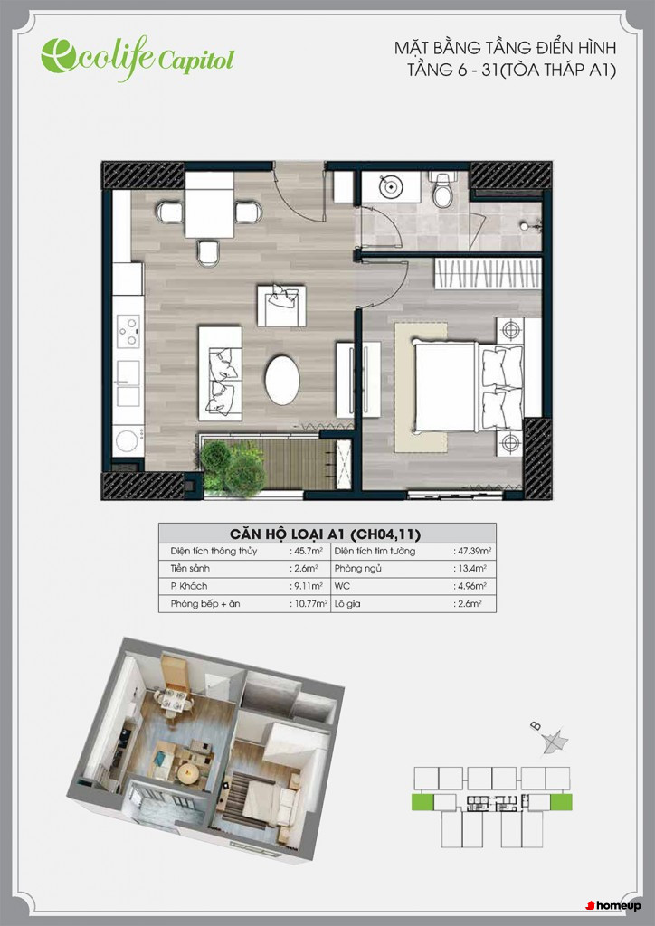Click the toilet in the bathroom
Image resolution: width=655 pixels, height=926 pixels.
tap(442, 188)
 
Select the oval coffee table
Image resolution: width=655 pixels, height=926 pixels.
tap(282, 380)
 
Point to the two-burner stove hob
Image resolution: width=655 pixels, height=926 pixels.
tap(128, 331)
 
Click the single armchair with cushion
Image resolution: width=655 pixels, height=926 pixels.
tap(281, 306)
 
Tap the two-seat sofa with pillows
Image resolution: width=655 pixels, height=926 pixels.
tap(220, 373)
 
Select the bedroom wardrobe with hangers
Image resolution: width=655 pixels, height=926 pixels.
tap(488, 273)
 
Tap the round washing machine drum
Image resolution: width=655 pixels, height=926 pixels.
tap(128, 441)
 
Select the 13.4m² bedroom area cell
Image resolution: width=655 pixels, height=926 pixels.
tap(470, 569)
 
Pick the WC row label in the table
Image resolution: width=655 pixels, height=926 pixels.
tap(342, 586)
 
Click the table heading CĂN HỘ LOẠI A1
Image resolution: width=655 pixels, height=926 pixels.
tap(287, 534)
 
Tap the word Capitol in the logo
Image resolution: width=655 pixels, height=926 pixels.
tap(195, 60)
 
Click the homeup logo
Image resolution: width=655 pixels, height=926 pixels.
tap(613, 905)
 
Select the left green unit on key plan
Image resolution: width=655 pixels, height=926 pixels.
tap(422, 801)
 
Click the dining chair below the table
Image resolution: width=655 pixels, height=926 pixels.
tap(209, 253)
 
